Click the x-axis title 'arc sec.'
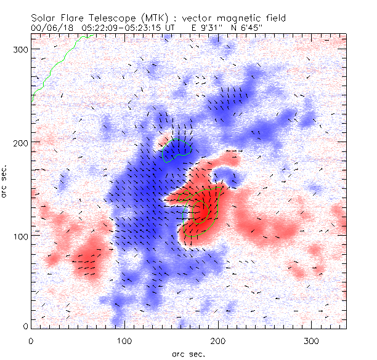point(188,353)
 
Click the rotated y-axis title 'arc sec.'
point(6,182)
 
